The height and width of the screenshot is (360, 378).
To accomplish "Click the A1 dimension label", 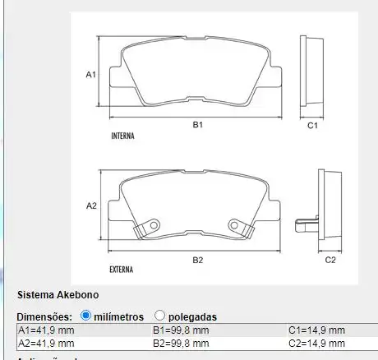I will pyautogui.click(x=92, y=75).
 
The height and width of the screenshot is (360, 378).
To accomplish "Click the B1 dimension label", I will pyautogui.click(x=198, y=125).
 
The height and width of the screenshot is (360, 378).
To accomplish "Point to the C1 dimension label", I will pyautogui.click(x=312, y=126).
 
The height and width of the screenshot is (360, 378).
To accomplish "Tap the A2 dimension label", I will pyautogui.click(x=92, y=205).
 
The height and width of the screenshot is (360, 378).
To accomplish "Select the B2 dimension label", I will pyautogui.click(x=198, y=260).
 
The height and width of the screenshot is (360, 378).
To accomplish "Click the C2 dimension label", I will pyautogui.click(x=330, y=260).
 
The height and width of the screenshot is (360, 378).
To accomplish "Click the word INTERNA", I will pyautogui.click(x=122, y=136).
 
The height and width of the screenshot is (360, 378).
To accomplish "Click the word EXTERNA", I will pyautogui.click(x=122, y=269).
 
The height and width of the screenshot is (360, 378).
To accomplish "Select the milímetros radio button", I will pyautogui.click(x=86, y=316).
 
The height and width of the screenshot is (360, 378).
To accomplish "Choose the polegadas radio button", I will pyautogui.click(x=159, y=316).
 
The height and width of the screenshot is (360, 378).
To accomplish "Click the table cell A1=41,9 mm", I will pyautogui.click(x=47, y=330).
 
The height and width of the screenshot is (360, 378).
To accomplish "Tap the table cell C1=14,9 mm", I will pyautogui.click(x=316, y=330).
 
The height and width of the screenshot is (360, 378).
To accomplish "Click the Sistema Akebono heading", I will pyautogui.click(x=58, y=294).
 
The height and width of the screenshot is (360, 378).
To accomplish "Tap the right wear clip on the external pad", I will pyautogui.click(x=239, y=224).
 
